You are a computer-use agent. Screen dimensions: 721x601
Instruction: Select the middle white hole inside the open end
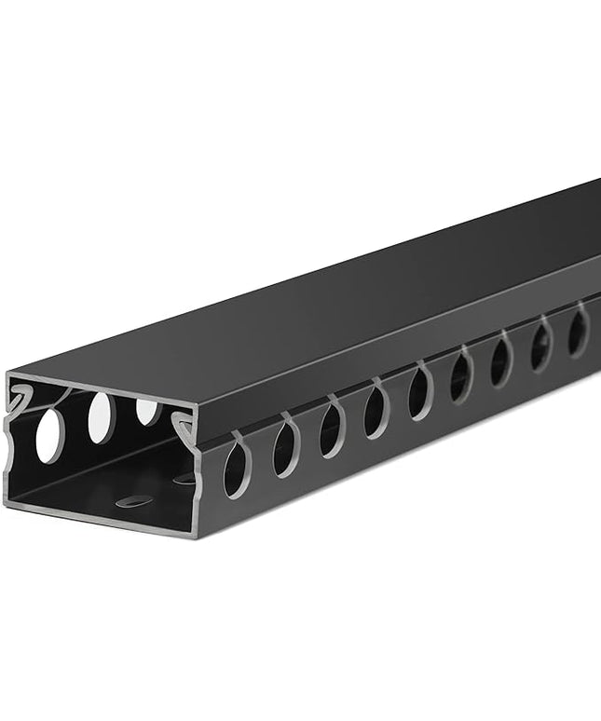pos(102,417)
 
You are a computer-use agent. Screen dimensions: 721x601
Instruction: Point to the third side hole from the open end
pos(331,429)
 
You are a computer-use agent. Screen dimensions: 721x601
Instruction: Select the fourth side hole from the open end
pos(376,411)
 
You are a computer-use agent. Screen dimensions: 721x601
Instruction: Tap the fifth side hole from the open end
pos(419,393)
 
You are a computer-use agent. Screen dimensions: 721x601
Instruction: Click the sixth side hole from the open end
pos(461,376)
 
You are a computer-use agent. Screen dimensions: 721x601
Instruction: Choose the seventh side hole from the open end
pos(501,360)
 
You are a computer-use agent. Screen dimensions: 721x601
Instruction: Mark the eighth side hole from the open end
pos(541,346)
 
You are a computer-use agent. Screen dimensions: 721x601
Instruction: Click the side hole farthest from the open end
pos(579,331)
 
